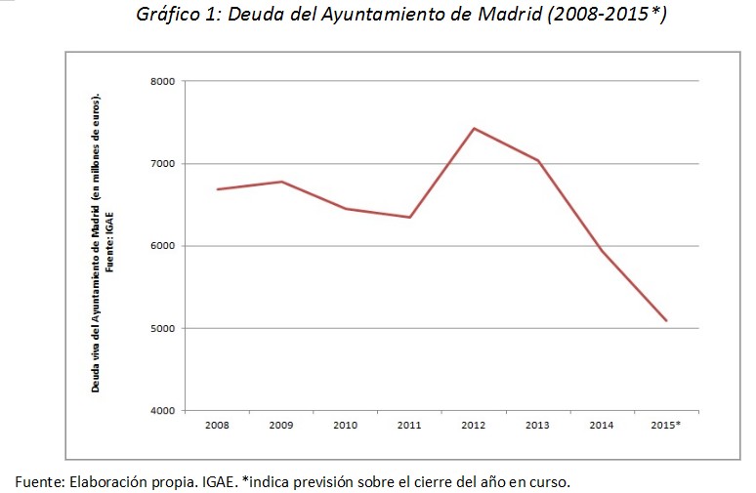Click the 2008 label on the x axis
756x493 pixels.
(x=217, y=425)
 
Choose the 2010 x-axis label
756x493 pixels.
(x=345, y=425)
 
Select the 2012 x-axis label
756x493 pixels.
(x=473, y=425)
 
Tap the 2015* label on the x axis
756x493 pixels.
(x=666, y=425)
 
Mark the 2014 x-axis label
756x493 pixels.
(x=602, y=425)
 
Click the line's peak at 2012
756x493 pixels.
(x=474, y=128)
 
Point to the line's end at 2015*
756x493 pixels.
(x=666, y=320)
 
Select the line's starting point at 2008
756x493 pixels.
(x=217, y=189)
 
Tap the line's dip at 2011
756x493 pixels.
(x=409, y=217)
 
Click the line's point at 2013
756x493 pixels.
(x=537, y=160)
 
